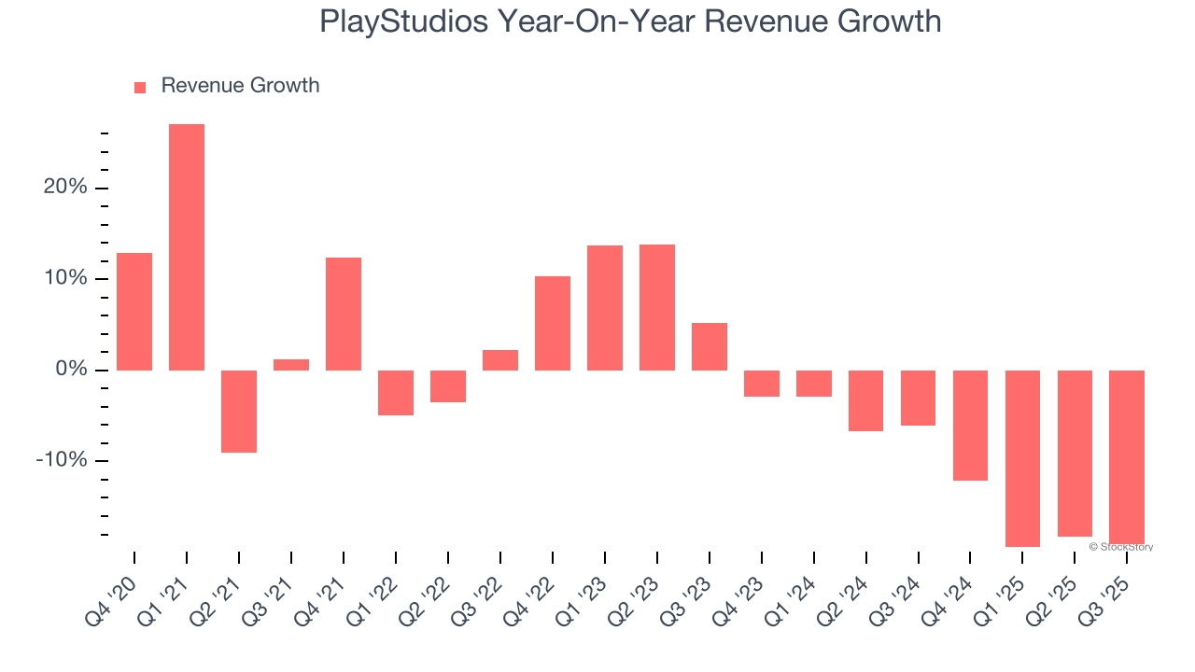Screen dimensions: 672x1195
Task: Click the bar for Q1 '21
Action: [187, 247]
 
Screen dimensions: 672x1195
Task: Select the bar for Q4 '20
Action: [134, 312]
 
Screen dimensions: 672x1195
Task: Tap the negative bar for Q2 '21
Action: [239, 412]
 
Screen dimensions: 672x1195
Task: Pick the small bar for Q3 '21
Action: [291, 365]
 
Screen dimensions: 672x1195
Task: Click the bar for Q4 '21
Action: [344, 314]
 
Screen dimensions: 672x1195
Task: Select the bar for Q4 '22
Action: [553, 323]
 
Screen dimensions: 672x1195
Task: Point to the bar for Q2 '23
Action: [657, 307]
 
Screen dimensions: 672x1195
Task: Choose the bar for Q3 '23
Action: [710, 346]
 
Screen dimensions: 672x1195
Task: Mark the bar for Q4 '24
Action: [970, 426]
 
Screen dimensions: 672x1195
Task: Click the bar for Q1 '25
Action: [1022, 458]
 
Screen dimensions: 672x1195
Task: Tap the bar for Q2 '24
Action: [865, 400]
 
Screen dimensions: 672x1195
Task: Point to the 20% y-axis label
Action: [65, 188]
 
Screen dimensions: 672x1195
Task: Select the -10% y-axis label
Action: [62, 461]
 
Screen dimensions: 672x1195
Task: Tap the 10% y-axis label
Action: [65, 279]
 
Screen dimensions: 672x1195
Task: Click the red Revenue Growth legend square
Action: [140, 88]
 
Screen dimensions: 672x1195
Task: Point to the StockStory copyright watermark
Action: [1120, 547]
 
